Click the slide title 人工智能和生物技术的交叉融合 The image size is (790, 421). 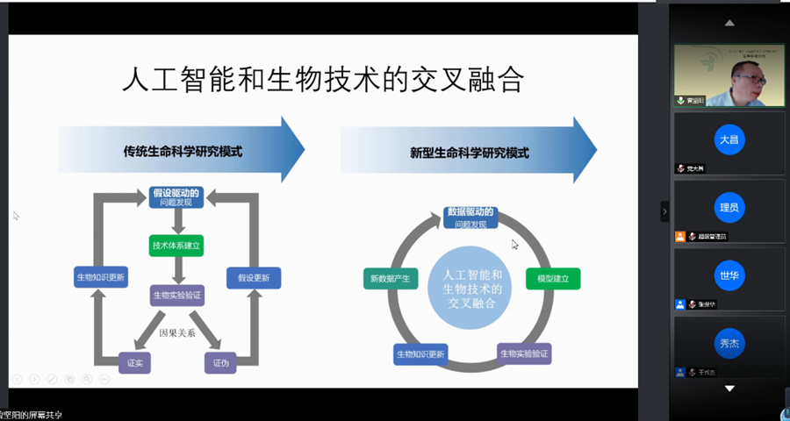coord(322,82)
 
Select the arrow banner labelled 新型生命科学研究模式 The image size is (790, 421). coord(469,152)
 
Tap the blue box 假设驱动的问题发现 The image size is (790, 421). coord(176,197)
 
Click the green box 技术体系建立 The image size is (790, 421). coord(176,246)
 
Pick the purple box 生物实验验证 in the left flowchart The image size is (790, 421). coord(176,296)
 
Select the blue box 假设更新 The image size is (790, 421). coord(254,278)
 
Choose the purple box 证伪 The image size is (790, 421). coord(221,362)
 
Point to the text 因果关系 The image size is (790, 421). coord(176,333)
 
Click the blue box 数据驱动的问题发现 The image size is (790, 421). coord(470,217)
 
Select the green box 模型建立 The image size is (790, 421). coord(553,279)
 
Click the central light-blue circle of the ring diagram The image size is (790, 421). coord(471,288)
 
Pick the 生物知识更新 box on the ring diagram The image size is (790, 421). coord(420,354)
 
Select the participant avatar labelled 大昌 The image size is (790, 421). coord(729,140)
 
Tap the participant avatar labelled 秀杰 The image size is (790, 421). coord(729,344)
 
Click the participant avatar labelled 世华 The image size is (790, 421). coord(729,275)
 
